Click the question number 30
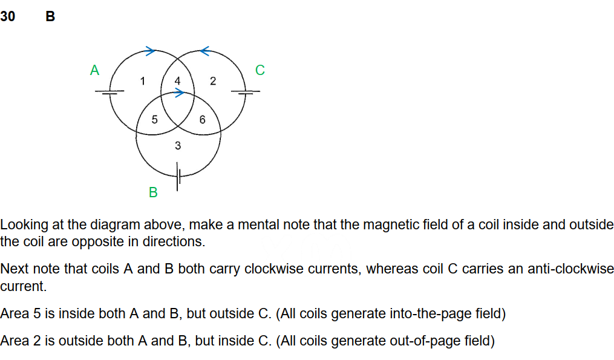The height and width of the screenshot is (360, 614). (8, 17)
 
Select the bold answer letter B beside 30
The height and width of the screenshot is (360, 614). (50, 17)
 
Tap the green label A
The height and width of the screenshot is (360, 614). (94, 70)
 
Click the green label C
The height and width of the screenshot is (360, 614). (260, 70)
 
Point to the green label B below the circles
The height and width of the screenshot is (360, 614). (153, 192)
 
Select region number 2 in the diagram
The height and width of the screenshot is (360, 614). (212, 81)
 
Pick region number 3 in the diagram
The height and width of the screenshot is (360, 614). (177, 145)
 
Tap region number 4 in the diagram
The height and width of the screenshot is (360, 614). (177, 80)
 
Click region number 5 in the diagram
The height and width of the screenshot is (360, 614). (154, 120)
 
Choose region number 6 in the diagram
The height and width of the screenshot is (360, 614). (202, 120)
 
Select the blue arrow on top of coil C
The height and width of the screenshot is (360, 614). (204, 50)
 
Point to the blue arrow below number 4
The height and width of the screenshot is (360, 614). (179, 93)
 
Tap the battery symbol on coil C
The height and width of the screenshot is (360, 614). (246, 92)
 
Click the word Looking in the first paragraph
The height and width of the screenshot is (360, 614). (23, 225)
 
